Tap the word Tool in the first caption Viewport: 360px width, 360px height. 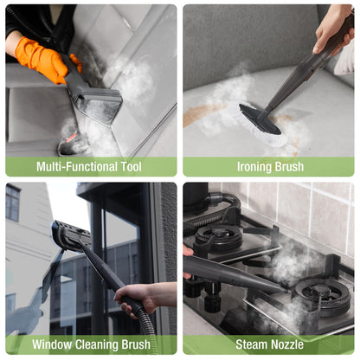pyautogui.click(x=132, y=167)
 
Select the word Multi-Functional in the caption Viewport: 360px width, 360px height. pyautogui.click(x=77, y=167)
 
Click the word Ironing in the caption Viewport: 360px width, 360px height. pyautogui.click(x=250, y=167)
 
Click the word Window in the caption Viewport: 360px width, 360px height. pyautogui.click(x=52, y=344)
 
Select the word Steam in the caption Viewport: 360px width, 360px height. pyautogui.click(x=251, y=344)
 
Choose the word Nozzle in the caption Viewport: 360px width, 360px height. pyautogui.click(x=286, y=344)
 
